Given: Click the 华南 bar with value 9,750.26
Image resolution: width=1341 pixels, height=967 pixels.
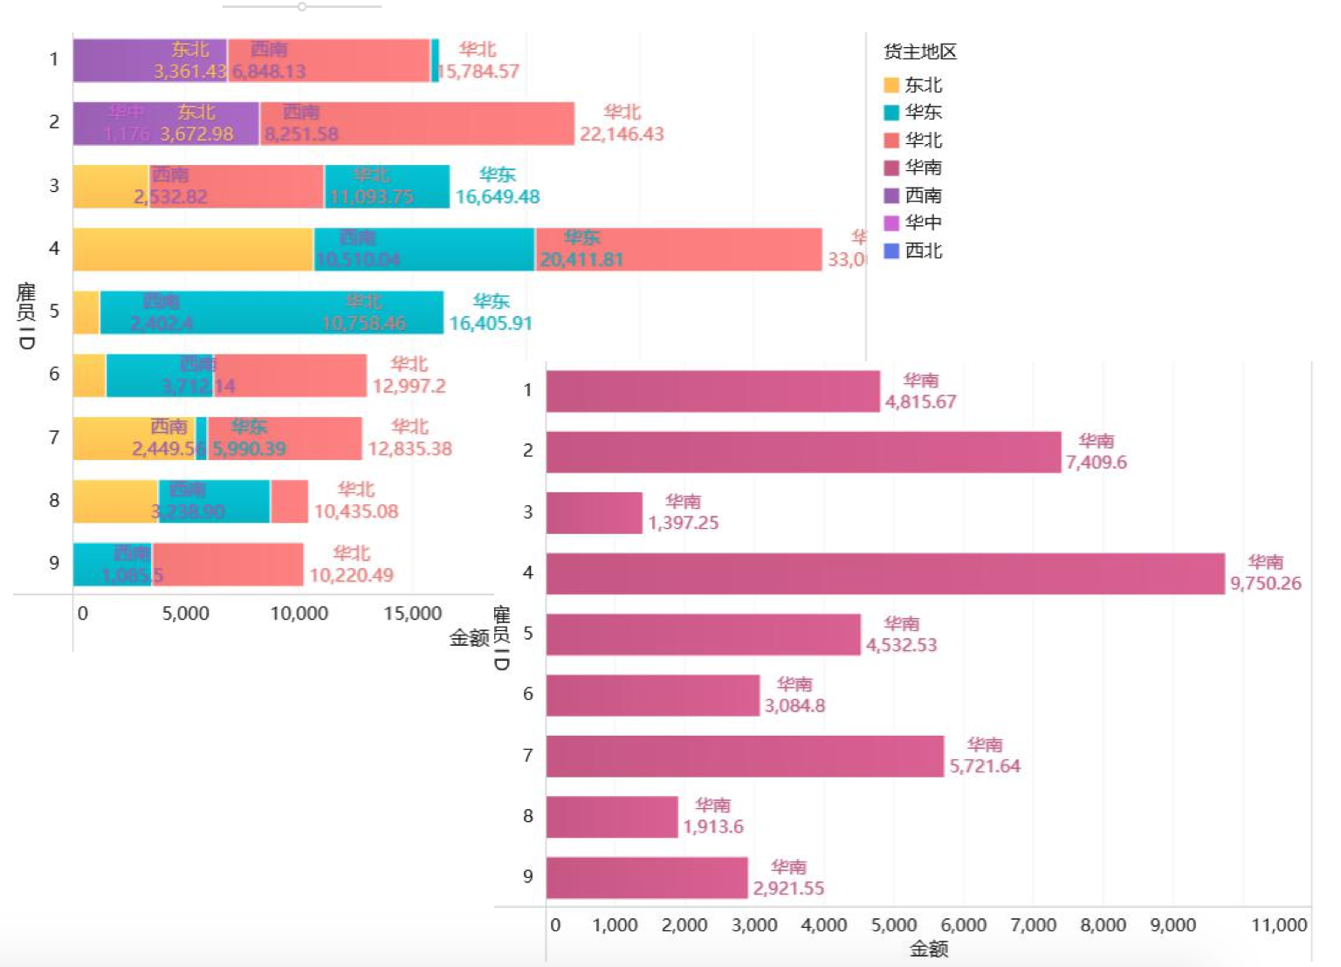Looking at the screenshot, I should pyautogui.click(x=885, y=573).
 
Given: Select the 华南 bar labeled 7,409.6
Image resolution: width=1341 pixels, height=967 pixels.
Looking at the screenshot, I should pyautogui.click(x=803, y=452).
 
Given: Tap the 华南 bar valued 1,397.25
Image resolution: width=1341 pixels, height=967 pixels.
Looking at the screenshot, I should pyautogui.click(x=594, y=512).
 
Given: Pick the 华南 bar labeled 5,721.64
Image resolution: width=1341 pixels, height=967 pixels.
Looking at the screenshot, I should pyautogui.click(x=745, y=756).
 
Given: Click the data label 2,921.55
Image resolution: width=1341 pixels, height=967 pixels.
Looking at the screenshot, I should pyautogui.click(x=788, y=888).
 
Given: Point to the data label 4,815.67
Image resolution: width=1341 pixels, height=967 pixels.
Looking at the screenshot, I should pyautogui.click(x=920, y=402).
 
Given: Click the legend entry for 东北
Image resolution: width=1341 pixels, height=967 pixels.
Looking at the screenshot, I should pyautogui.click(x=923, y=85).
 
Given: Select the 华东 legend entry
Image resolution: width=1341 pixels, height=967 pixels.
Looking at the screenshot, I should pyautogui.click(x=923, y=112).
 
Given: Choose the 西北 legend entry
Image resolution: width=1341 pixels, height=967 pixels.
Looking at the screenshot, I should pyautogui.click(x=923, y=250).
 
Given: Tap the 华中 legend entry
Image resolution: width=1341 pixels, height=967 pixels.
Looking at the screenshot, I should pyautogui.click(x=923, y=223).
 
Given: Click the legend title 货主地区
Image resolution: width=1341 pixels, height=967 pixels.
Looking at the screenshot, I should pyautogui.click(x=919, y=51).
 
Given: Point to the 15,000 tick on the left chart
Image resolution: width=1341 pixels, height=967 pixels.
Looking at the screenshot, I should pyautogui.click(x=412, y=614).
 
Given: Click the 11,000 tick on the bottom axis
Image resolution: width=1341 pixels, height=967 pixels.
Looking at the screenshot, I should pyautogui.click(x=1279, y=925).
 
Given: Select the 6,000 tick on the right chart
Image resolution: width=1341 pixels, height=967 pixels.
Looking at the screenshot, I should pyautogui.click(x=963, y=925).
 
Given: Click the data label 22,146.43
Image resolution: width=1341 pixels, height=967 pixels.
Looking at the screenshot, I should pyautogui.click(x=622, y=134).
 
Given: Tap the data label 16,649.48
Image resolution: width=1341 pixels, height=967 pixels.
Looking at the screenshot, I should pyautogui.click(x=497, y=197).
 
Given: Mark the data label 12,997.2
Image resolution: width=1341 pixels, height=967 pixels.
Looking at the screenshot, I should pyautogui.click(x=409, y=386).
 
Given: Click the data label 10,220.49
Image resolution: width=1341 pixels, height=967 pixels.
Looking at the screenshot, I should pyautogui.click(x=351, y=575).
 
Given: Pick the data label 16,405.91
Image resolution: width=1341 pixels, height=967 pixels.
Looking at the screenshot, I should pyautogui.click(x=490, y=324).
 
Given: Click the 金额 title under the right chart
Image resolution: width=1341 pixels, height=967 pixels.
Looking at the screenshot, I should pyautogui.click(x=928, y=949).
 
